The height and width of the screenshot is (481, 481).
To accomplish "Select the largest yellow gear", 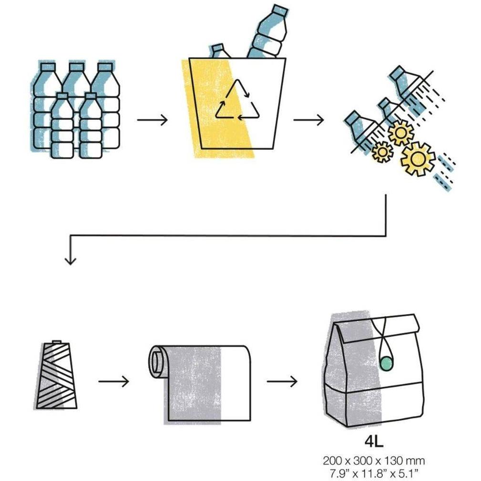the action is click(418, 159).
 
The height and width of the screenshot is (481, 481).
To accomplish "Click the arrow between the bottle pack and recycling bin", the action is click(152, 120).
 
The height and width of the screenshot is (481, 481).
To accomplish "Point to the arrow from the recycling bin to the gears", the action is click(308, 120).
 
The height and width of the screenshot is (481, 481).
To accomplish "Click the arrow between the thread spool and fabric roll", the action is click(113, 381).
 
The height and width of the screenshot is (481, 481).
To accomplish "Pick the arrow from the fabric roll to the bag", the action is click(282, 381).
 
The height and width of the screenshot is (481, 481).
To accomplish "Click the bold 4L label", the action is click(374, 442).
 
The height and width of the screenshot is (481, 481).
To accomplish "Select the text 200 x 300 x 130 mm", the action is click(374, 461).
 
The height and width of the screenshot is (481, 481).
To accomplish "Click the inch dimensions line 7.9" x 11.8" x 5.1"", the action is click(374, 473).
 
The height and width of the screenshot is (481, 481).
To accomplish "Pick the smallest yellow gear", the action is click(382, 152).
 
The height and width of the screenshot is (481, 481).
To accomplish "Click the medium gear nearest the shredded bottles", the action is click(401, 133).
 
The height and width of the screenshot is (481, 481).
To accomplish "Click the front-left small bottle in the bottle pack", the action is click(62, 126).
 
